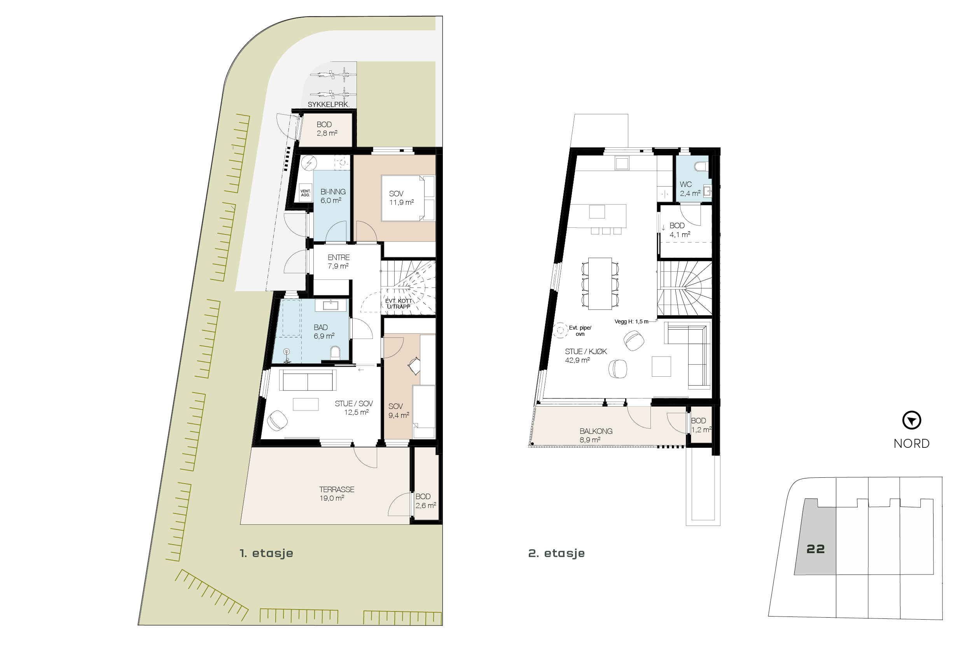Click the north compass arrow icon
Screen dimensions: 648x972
pos(911,421)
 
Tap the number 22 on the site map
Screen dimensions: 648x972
pos(815,549)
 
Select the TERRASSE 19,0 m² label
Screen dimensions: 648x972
pos(336,493)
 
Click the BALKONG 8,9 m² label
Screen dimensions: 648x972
pos(596,435)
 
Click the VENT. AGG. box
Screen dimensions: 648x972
pos(306,193)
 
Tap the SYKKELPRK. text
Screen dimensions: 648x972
pos(328,105)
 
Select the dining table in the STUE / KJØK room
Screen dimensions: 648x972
pos(600,283)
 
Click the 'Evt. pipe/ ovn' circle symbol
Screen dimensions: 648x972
pos(560,330)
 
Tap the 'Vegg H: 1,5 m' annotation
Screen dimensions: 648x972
pos(631,321)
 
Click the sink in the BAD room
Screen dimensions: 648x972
pos(330,306)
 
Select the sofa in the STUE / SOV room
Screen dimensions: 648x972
pos(308,380)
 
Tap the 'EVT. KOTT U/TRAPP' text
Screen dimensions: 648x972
pos(399,304)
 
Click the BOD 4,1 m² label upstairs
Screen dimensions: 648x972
pos(679,230)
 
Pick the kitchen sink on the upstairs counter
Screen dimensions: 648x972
pos(622,163)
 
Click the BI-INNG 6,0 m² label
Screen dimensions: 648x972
pos(332,196)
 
